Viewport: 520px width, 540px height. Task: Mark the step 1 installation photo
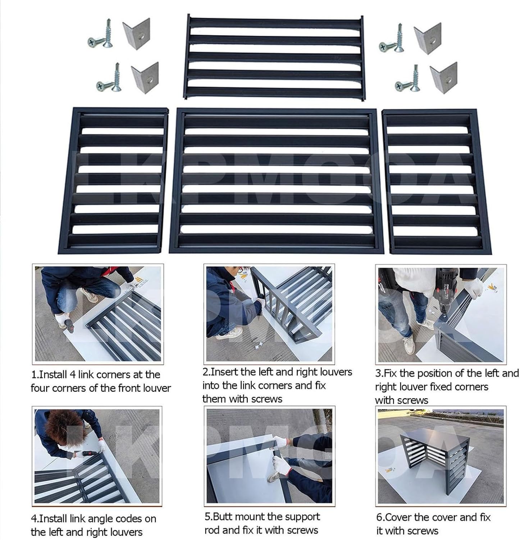coord(98,314)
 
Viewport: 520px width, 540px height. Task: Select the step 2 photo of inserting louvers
coord(269,313)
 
